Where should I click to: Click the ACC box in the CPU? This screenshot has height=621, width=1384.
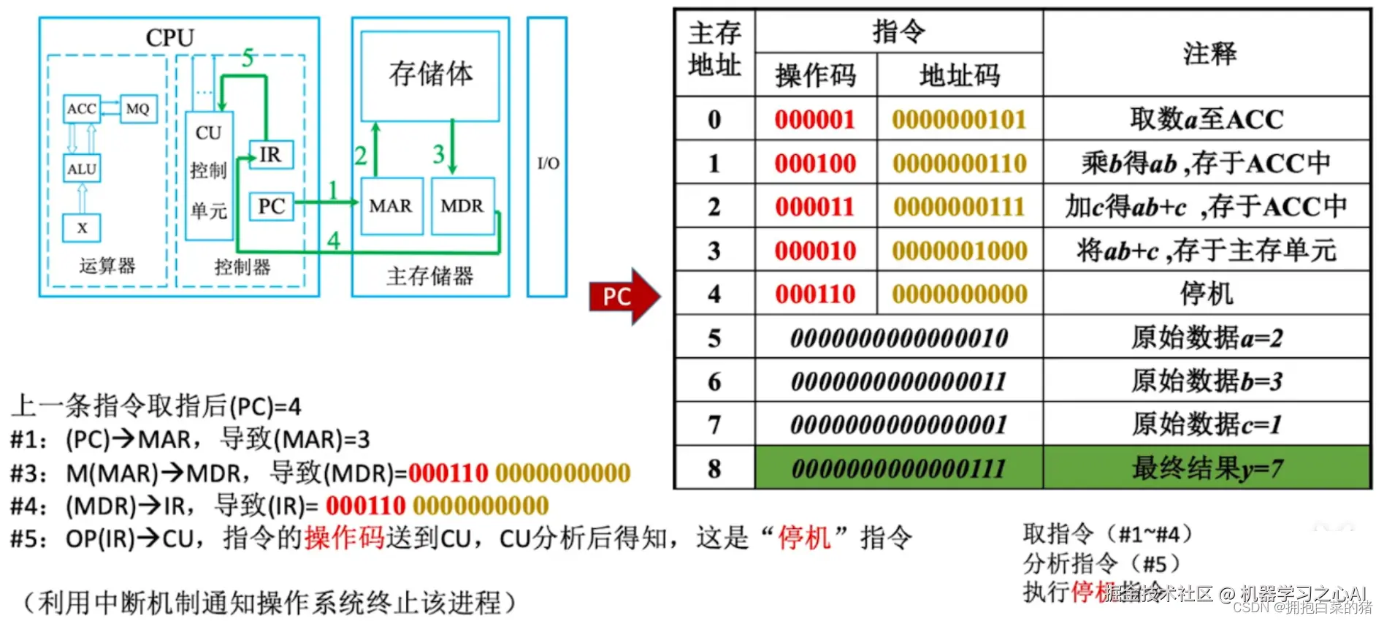[x=81, y=109]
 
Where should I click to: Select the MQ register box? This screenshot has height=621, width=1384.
[x=138, y=109]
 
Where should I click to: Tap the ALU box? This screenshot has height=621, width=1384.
[x=82, y=169]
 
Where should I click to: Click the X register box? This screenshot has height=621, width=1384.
[x=82, y=228]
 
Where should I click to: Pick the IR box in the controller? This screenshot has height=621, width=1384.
[x=270, y=155]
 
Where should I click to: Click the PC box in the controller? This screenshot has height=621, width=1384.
[x=271, y=206]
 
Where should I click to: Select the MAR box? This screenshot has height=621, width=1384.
[x=391, y=206]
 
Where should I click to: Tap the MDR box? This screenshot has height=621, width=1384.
[x=462, y=206]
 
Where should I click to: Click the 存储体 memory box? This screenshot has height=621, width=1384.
[x=430, y=75]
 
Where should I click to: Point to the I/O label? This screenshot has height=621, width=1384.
[x=548, y=163]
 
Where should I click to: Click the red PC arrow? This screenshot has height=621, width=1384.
[x=623, y=296]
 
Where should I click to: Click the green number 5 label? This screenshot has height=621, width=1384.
[x=248, y=58]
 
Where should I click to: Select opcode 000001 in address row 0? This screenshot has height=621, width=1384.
[x=814, y=119]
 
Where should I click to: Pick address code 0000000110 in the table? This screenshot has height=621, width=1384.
[x=959, y=163]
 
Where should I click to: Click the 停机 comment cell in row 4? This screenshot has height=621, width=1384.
[x=1207, y=294]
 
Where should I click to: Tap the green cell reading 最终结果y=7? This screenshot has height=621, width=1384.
[x=1207, y=468]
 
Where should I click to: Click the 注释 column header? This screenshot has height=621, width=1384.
[x=1209, y=53]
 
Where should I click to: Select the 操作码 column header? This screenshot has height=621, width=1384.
[x=815, y=75]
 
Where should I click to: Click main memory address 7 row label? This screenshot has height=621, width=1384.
[x=714, y=424]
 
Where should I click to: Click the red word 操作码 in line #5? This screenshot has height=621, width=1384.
[x=344, y=538]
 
